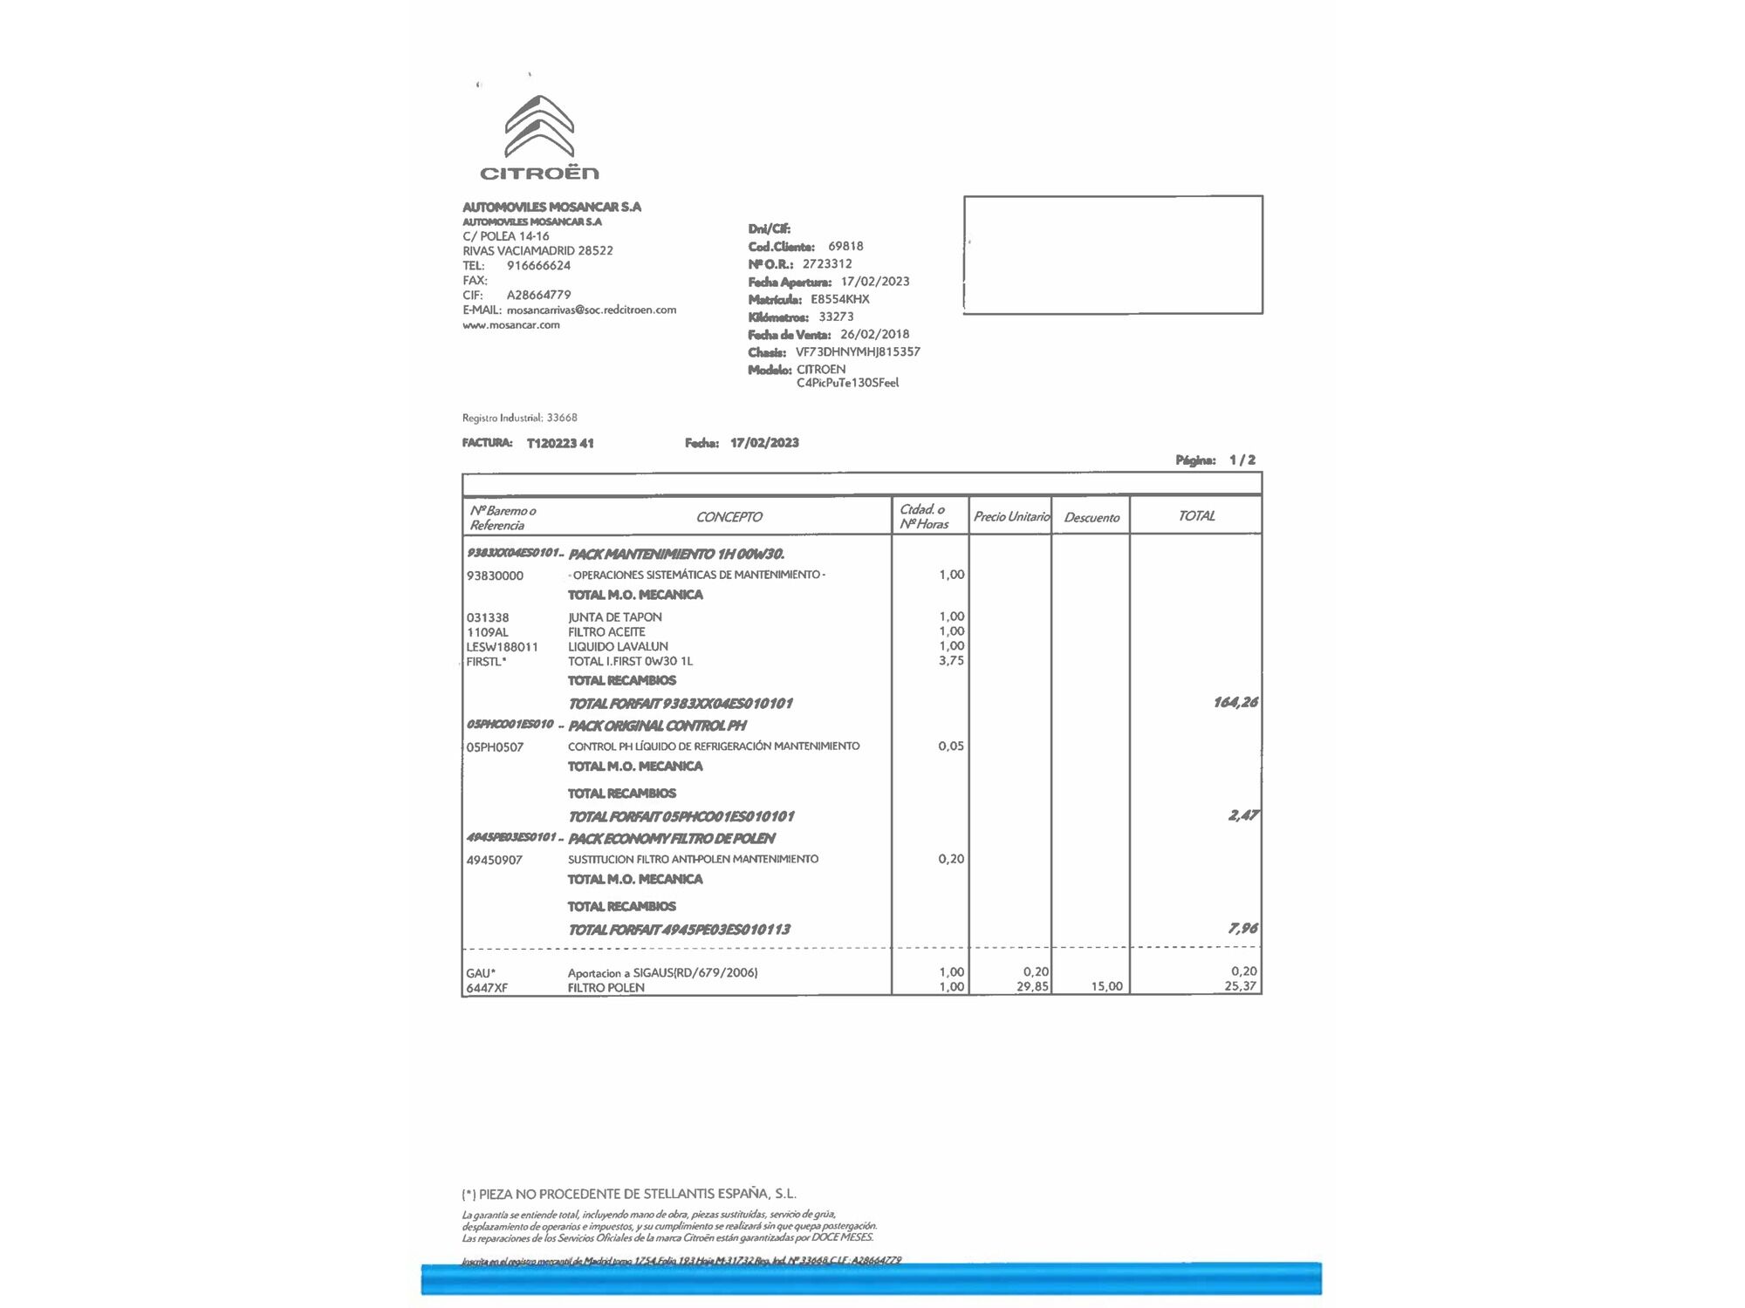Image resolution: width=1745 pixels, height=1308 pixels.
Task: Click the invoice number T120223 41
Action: (560, 443)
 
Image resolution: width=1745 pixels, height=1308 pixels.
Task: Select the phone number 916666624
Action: (538, 266)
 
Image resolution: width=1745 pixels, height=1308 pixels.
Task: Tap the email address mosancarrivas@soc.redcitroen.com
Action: (592, 310)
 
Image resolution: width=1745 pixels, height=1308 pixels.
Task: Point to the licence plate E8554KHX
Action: (839, 299)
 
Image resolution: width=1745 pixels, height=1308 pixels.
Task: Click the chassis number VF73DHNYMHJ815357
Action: (858, 352)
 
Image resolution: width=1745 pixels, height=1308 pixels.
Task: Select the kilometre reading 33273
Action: (836, 317)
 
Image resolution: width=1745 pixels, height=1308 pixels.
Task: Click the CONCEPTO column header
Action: (729, 517)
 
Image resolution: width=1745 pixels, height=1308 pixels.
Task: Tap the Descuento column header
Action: (1091, 518)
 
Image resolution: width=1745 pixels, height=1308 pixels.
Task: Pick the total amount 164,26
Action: (1235, 703)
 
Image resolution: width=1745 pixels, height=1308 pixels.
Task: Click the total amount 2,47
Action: (1242, 815)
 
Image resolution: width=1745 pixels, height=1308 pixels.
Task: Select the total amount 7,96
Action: (1242, 929)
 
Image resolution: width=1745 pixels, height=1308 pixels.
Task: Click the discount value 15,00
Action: (1106, 987)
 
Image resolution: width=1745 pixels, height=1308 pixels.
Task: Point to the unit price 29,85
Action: (1032, 987)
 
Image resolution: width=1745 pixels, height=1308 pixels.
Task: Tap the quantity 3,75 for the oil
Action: (951, 661)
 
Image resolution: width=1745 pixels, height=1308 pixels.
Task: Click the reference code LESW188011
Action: (503, 647)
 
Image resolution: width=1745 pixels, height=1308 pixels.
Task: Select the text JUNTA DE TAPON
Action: (615, 617)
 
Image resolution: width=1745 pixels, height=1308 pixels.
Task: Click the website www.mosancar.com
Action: (511, 325)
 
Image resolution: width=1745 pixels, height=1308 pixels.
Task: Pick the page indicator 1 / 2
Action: (1242, 460)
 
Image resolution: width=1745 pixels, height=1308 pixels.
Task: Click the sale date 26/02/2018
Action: (874, 335)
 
